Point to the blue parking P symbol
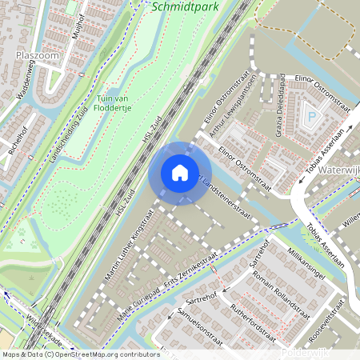point(312,118)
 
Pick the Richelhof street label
point(17,141)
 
